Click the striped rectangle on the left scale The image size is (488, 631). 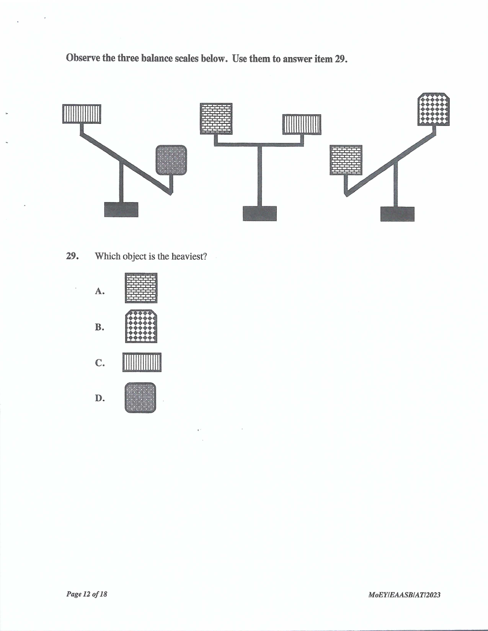[x=82, y=114]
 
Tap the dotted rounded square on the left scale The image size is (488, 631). [x=171, y=160]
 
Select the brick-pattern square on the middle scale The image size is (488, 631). [x=216, y=118]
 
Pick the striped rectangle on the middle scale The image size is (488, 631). [x=302, y=125]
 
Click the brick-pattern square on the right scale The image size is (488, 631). [x=346, y=160]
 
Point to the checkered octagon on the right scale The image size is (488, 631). [x=434, y=109]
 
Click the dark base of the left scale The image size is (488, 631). [x=121, y=210]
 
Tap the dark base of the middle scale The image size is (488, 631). [x=260, y=214]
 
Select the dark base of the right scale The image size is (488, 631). [x=397, y=214]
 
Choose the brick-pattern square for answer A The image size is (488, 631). [x=141, y=288]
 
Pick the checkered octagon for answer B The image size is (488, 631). [x=141, y=326]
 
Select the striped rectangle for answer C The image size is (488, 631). [x=142, y=362]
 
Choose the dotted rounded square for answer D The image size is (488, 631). [x=140, y=398]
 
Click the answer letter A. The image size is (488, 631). [x=99, y=291]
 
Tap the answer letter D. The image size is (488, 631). [x=100, y=398]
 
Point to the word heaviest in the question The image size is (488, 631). [x=189, y=257]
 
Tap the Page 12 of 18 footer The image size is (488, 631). [x=87, y=594]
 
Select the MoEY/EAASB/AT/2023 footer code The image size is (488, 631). [x=404, y=595]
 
